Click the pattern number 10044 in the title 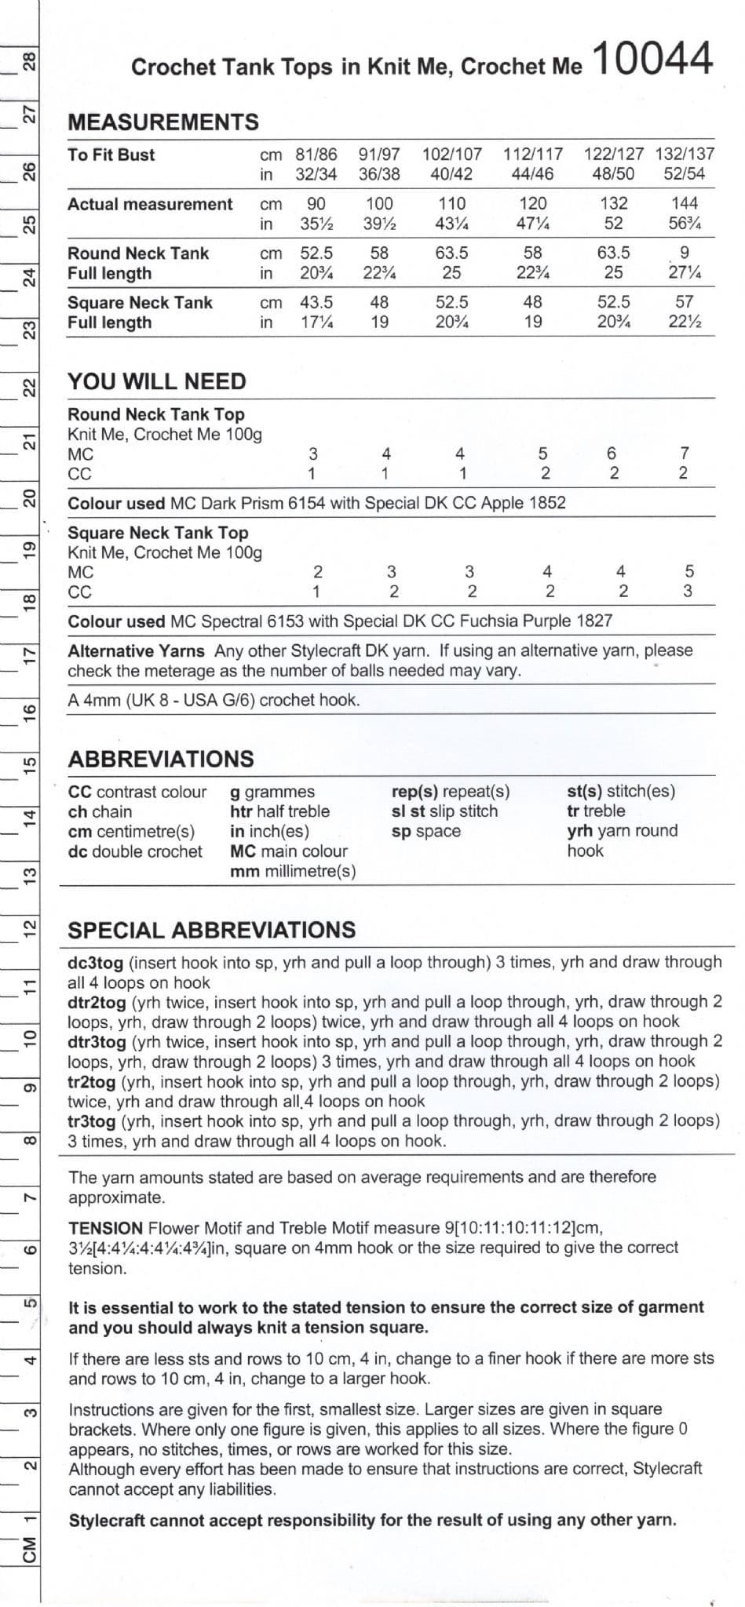pyautogui.click(x=654, y=59)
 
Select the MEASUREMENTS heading pyautogui.click(x=163, y=122)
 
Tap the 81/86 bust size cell pyautogui.click(x=316, y=155)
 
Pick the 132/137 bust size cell pyautogui.click(x=685, y=155)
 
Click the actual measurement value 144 pyautogui.click(x=685, y=203)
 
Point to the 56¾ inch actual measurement pyautogui.click(x=685, y=224)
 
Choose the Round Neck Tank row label pyautogui.click(x=138, y=253)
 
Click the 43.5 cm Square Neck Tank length pyautogui.click(x=316, y=302)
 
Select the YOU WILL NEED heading pyautogui.click(x=157, y=382)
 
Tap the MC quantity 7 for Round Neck pyautogui.click(x=685, y=454)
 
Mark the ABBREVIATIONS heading pyautogui.click(x=161, y=759)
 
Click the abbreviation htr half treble pyautogui.click(x=279, y=811)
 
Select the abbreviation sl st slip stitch pyautogui.click(x=444, y=811)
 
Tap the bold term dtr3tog pyautogui.click(x=97, y=1042)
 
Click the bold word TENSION pyautogui.click(x=105, y=1228)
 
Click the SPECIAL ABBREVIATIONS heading pyautogui.click(x=212, y=931)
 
